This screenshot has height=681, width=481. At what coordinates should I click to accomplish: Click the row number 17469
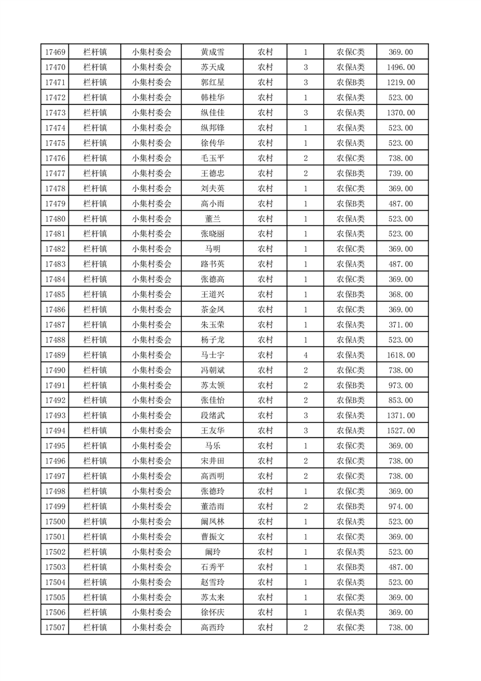point(55,52)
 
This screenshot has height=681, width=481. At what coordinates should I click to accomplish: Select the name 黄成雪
point(212,52)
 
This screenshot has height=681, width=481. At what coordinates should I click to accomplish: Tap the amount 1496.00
point(400,67)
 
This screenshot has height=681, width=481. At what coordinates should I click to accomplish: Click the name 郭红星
point(212,83)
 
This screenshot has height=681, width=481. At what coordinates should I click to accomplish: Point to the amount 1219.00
point(400,83)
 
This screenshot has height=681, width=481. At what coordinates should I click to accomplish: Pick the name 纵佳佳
point(212,113)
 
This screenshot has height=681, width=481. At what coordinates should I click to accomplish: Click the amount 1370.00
point(400,113)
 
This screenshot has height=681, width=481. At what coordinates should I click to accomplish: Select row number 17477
point(55,174)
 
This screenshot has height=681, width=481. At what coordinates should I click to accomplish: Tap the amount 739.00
point(400,174)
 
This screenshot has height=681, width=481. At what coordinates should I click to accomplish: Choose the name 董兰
point(212,219)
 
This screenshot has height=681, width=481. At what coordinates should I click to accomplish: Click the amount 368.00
point(400,294)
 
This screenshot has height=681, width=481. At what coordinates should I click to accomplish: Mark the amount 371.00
point(400,325)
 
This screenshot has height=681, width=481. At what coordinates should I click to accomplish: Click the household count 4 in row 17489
point(305,355)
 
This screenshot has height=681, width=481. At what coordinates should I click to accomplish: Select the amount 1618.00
point(400,355)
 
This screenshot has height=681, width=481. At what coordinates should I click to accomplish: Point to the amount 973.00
point(400,385)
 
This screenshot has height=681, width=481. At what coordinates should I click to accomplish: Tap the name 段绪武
point(212,416)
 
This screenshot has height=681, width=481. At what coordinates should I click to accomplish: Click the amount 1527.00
point(400,431)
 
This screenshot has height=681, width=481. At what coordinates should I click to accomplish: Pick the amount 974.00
point(400,506)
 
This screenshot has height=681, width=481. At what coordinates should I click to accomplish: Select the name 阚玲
point(212,552)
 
